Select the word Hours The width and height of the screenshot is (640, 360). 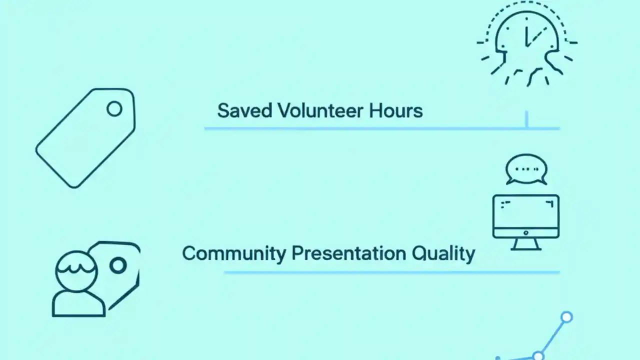(x=396, y=110)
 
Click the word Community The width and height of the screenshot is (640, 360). (x=233, y=253)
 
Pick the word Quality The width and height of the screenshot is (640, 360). (x=443, y=253)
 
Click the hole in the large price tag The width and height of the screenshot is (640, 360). (x=114, y=108)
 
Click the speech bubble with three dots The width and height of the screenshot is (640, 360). (x=526, y=169)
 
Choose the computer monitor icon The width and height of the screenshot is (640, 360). (x=525, y=218)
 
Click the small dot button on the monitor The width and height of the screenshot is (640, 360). (x=525, y=233)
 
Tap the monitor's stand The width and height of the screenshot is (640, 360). (x=525, y=244)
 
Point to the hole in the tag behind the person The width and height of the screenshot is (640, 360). (x=118, y=265)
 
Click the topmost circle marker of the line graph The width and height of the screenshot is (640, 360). (x=566, y=317)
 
